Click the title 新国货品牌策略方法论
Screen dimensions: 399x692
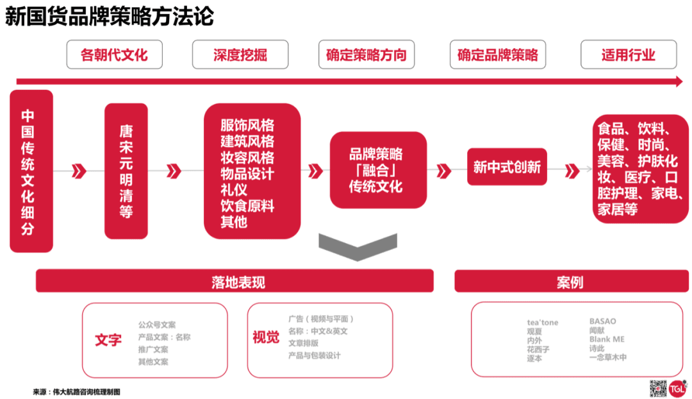coord(109,17)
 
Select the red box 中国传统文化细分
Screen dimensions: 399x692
coord(31,171)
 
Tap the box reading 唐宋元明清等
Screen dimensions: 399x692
coord(126,171)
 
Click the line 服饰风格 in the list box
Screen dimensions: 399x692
coord(247,126)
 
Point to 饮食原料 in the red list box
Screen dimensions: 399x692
coord(247,206)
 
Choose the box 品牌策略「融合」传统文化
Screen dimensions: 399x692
coord(378,170)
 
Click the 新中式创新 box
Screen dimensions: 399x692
coord(507,167)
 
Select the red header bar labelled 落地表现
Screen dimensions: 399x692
coord(235,282)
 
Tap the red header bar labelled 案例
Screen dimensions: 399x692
coord(569,282)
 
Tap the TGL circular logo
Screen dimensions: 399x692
coord(678,387)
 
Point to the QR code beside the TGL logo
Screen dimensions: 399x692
coord(658,388)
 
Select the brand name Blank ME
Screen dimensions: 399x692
coord(606,339)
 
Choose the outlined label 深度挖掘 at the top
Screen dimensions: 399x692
coord(240,55)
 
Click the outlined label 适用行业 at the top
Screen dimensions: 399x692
coord(627,55)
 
